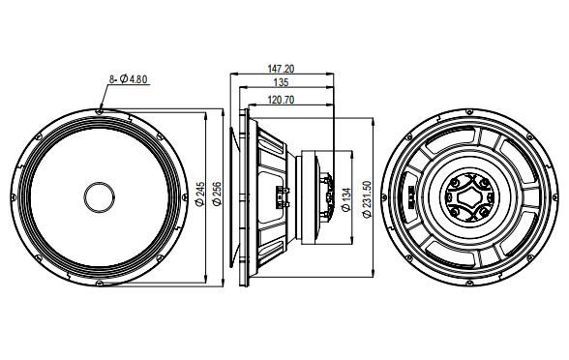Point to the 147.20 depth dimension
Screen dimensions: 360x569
coord(281,70)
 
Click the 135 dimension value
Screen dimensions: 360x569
coord(281,83)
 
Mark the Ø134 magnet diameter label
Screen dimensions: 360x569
coord(345,197)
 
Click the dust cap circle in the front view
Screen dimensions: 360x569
coord(100,197)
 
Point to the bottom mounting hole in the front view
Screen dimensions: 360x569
coord(100,285)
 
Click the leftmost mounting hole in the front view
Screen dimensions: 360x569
coord(14,197)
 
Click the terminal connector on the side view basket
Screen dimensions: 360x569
coord(282,197)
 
